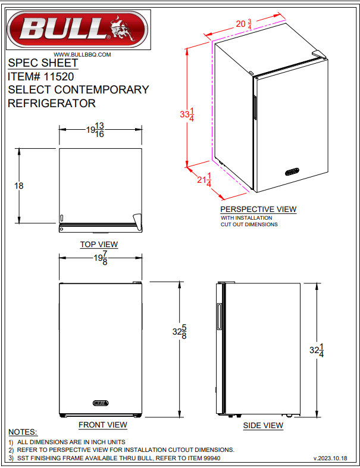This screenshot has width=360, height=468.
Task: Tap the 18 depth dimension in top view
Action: (x=19, y=186)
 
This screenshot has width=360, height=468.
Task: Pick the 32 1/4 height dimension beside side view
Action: (x=317, y=351)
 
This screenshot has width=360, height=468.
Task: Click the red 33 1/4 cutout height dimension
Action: (x=186, y=114)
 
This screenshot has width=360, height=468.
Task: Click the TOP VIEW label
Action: (x=99, y=244)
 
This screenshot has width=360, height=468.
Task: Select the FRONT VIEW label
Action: (x=103, y=425)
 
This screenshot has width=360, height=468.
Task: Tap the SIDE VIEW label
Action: (x=263, y=425)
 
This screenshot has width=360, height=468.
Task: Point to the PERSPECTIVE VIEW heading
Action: (x=258, y=209)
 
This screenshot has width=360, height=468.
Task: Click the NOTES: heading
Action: (x=23, y=432)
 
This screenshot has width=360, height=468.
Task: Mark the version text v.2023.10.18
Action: (x=333, y=458)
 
